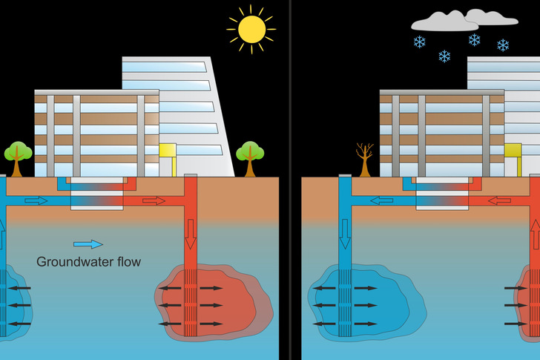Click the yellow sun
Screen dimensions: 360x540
(x=251, y=29)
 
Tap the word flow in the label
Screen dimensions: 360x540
(x=126, y=261)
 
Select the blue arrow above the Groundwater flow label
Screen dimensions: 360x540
(x=88, y=243)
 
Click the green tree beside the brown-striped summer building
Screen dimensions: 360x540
(x=18, y=156)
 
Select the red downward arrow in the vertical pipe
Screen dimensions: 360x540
(x=191, y=234)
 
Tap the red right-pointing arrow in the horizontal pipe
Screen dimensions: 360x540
(x=155, y=200)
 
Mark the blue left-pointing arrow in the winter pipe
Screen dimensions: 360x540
(x=382, y=200)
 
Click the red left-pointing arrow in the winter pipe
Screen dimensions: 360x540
(x=500, y=200)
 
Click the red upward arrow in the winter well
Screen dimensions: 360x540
(x=535, y=234)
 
